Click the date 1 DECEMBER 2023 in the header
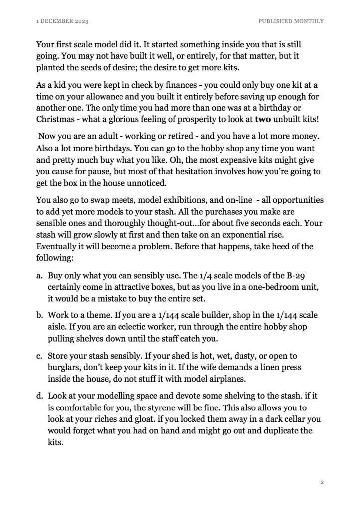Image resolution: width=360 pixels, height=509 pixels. tap(62, 21)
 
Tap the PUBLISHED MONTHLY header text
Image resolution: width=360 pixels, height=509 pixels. tap(291, 21)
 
